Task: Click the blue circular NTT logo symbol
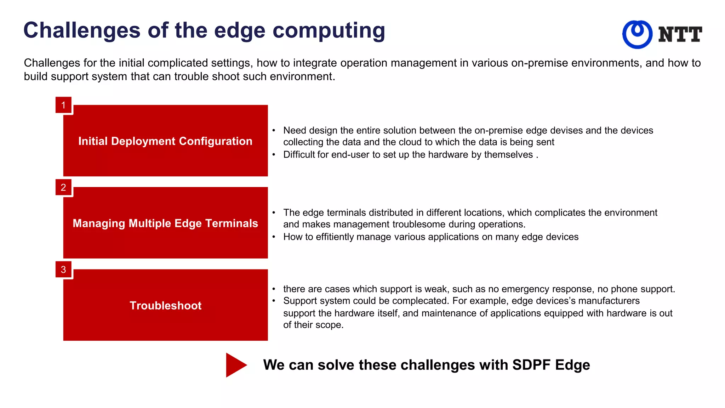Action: click(x=637, y=34)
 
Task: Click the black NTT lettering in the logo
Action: click(x=680, y=34)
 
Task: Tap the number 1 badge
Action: click(x=63, y=105)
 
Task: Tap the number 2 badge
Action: click(x=63, y=187)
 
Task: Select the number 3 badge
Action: click(x=63, y=270)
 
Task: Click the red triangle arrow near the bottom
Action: click(x=235, y=365)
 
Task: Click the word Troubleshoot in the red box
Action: click(x=165, y=305)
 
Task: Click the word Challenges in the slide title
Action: click(x=82, y=30)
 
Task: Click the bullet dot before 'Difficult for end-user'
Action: click(x=274, y=154)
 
